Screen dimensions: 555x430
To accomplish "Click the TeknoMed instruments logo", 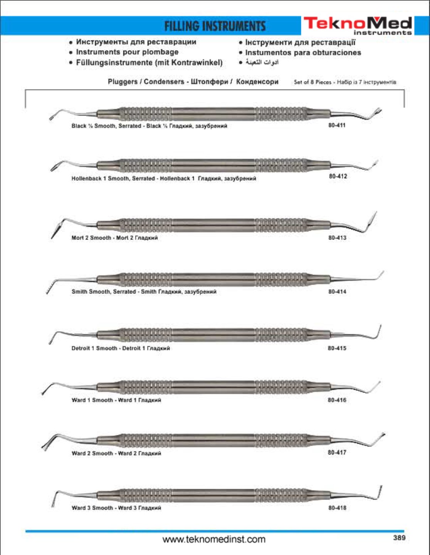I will pos(358,25).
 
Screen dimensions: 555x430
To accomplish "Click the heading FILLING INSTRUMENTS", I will pos(215,26).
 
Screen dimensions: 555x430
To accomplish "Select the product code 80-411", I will pos(337,125).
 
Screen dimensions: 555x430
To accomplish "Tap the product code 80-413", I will pos(337,238).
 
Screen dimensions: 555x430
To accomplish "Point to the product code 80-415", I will pos(337,348).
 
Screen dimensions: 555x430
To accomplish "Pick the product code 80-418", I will pos(337,508).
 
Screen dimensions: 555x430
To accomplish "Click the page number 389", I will pos(399,538).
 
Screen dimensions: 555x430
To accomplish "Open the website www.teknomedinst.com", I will pos(214,539).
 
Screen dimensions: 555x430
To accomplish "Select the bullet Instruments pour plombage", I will pos(127,52).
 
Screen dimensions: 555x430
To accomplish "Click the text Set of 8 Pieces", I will pos(312,82).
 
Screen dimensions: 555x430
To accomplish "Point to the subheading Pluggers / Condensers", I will pos(146,82).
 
